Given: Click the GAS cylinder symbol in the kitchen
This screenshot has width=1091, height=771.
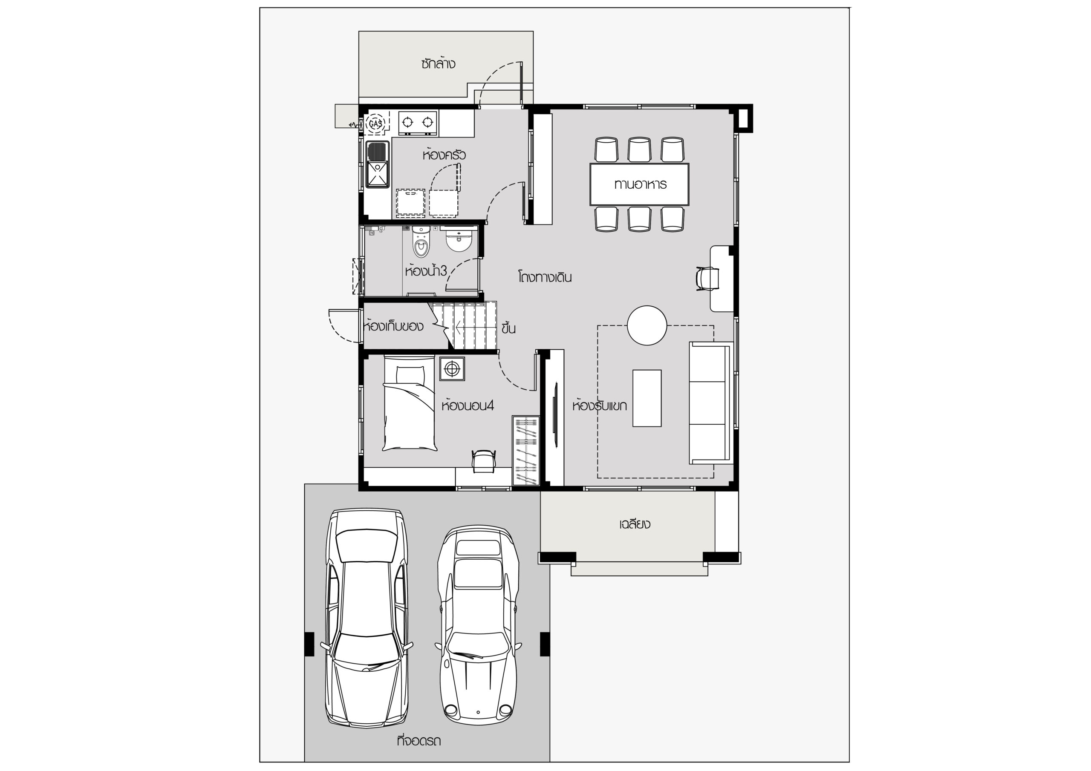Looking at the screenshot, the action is coord(376,124).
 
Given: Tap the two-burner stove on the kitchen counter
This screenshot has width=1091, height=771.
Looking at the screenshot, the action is coord(418,123).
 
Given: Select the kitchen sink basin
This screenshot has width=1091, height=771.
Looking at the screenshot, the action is coord(378,164).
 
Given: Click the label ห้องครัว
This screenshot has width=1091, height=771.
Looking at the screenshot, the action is coord(444,155).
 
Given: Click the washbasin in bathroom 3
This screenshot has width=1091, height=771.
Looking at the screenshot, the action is coord(459,239).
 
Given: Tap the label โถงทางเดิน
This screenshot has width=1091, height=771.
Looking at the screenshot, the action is coord(545,277).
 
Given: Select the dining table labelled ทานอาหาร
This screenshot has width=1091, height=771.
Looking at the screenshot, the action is coord(639,184).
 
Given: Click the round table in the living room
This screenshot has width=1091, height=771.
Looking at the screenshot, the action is coord(647,325).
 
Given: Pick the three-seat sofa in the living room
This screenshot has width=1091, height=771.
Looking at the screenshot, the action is coord(710,403).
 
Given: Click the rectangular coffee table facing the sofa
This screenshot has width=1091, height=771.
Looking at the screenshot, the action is coord(647,398).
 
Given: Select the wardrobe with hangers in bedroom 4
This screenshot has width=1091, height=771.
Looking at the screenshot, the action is coord(526,451).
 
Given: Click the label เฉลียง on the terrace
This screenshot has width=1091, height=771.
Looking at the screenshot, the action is coord(635,524).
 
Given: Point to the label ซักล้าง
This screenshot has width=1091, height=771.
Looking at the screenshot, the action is coord(438,63).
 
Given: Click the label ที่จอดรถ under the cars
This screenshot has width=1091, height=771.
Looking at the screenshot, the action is coord(419,741).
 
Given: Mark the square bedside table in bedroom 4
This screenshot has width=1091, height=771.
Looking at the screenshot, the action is coord(452,368).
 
